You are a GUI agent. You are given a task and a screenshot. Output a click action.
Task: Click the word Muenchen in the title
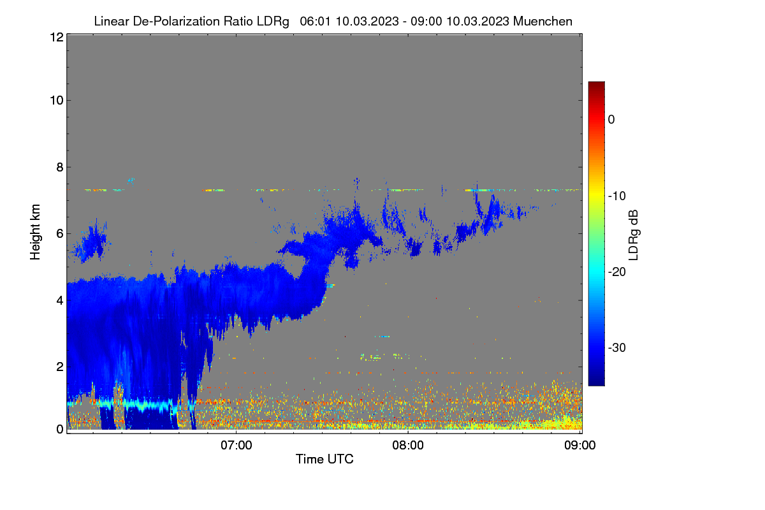pos(543,21)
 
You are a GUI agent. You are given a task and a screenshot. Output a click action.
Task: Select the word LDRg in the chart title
pos(273,22)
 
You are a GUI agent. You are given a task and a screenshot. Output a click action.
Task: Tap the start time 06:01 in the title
pos(315,21)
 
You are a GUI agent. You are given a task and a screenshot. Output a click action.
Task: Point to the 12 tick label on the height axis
pos(57,37)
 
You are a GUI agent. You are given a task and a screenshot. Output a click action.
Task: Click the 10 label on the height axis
pos(57,100)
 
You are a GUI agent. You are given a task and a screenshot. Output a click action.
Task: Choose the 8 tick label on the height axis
pos(60,167)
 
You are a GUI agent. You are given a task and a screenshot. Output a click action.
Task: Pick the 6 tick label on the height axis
pos(60,234)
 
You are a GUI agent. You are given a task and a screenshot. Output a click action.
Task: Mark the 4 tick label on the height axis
pos(60,300)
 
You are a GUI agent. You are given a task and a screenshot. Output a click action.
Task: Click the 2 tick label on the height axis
pos(60,367)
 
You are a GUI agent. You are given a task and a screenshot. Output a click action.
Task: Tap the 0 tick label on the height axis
pos(60,429)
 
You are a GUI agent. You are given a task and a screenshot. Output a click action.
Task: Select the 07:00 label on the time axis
pos(237,445)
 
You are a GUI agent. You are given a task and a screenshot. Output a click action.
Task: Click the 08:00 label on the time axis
pos(408,445)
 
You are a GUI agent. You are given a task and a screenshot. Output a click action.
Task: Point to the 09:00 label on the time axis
pos(580,445)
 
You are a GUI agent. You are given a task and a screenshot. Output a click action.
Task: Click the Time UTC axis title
pos(324,459)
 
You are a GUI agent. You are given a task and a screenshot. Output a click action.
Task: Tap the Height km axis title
pos(35,232)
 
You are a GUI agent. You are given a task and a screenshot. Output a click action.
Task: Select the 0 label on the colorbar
pos(611,120)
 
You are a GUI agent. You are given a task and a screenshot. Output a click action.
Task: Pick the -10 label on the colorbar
pos(617,196)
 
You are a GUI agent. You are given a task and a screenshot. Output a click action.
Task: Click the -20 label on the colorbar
pos(617,272)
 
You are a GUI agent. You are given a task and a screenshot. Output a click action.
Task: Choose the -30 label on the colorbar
pos(617,347)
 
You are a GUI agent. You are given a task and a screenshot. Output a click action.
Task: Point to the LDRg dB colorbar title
pos(634,235)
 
